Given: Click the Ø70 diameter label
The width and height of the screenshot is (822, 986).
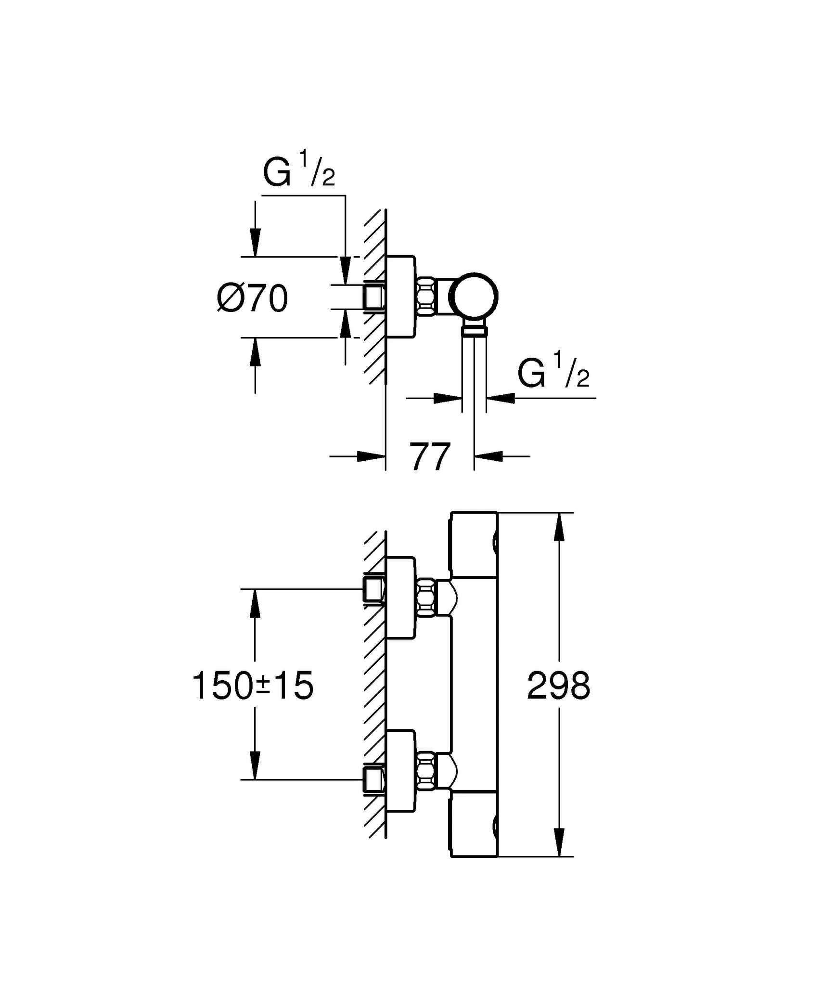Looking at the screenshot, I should click(252, 298).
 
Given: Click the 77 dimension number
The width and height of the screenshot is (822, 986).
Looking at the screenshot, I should click(430, 456).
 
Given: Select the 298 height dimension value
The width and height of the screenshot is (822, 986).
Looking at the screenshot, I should click(558, 686).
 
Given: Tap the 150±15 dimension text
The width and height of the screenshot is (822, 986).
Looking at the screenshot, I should click(253, 686).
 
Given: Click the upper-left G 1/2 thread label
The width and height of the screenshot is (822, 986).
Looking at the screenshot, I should click(299, 169).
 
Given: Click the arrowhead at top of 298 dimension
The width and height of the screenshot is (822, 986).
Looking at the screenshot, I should click(559, 528).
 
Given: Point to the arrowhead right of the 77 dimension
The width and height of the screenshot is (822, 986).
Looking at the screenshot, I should click(488, 456).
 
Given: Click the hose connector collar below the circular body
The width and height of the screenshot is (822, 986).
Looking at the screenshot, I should click(474, 330).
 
